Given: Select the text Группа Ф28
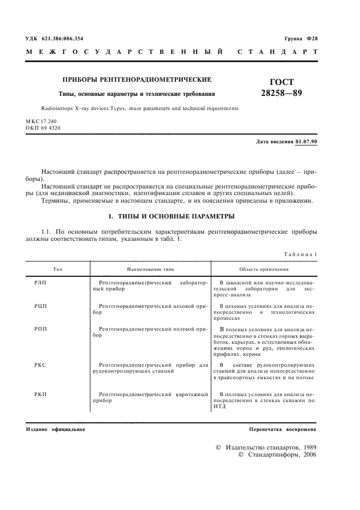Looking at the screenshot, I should click(x=301, y=39).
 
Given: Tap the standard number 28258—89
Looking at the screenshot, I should click(x=282, y=93).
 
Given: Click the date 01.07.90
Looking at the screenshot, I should click(x=307, y=142).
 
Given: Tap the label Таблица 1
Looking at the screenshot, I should click(x=301, y=254).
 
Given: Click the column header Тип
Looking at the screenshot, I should click(x=58, y=269).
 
